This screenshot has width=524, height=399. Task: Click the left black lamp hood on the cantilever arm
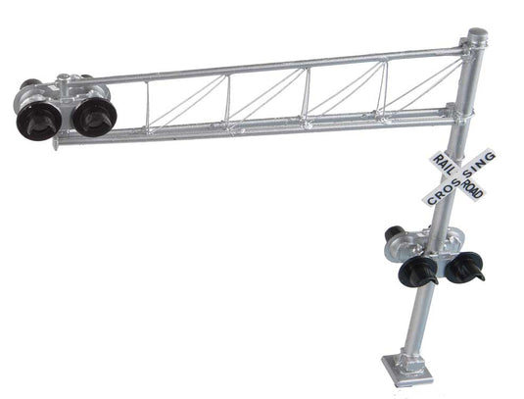(x=35, y=120)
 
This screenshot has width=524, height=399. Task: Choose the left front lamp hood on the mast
(x=421, y=271)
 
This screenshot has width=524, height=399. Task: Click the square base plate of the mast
(x=412, y=372)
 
